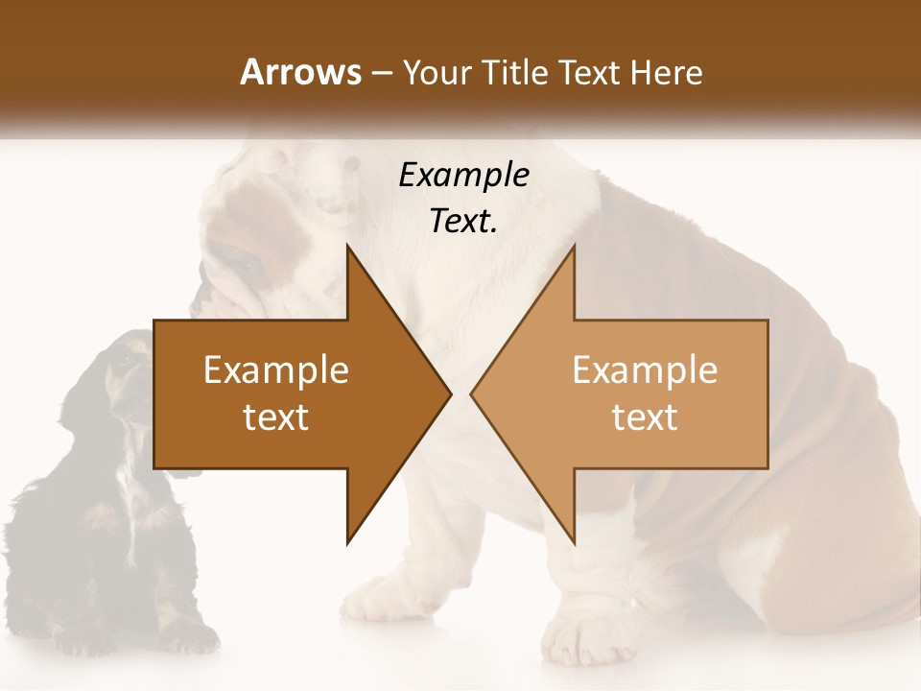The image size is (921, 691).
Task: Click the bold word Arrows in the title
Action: click(299, 72)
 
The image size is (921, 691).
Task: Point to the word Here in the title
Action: click(666, 73)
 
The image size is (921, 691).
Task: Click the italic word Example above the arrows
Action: click(463, 176)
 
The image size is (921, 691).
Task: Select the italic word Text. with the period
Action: click(463, 221)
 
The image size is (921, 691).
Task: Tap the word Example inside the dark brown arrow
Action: click(276, 369)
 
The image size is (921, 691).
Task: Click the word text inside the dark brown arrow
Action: click(276, 417)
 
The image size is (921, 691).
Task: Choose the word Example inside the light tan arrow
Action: click(645, 369)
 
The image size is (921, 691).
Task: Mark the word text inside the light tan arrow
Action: click(645, 417)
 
